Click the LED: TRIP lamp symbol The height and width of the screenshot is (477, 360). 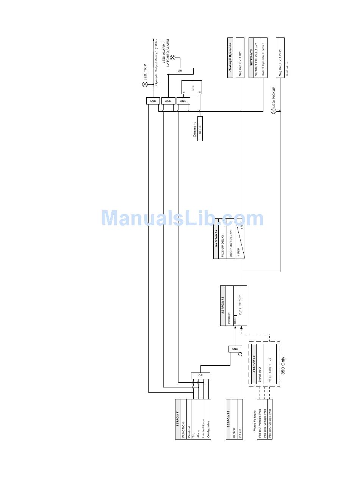(x=145, y=84)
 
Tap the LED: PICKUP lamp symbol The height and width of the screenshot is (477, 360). (x=274, y=111)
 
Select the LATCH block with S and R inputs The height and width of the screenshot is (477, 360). (x=192, y=87)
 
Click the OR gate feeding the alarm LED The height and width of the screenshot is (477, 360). (x=180, y=71)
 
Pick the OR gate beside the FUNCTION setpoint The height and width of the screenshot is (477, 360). (x=200, y=376)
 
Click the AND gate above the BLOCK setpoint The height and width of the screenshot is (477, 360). (x=235, y=349)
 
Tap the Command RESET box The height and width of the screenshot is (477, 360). (x=200, y=129)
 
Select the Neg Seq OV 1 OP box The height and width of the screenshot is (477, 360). (x=240, y=58)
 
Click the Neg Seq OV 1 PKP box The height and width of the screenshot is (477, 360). (x=280, y=58)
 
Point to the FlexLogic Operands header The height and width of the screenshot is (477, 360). (x=230, y=58)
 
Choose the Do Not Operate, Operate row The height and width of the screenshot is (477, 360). (x=263, y=58)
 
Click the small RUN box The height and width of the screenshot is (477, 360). (x=235, y=320)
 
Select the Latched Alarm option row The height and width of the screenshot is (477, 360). (x=203, y=419)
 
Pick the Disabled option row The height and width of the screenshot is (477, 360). (x=189, y=419)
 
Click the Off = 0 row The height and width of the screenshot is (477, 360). (x=240, y=419)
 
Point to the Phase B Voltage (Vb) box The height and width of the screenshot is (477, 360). (x=265, y=419)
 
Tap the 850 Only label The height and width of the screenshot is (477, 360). (x=283, y=366)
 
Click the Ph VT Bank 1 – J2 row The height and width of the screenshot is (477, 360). (x=270, y=364)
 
